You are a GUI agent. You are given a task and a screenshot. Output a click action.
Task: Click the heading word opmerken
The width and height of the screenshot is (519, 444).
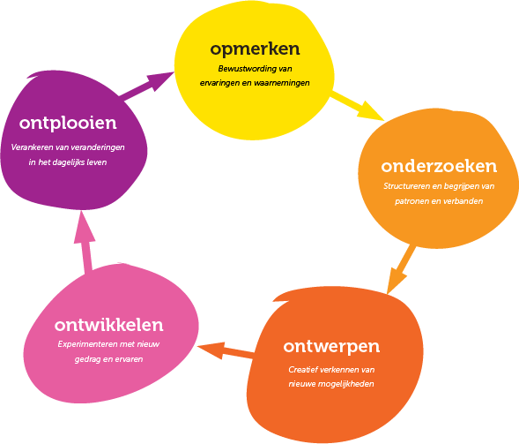tap(255, 49)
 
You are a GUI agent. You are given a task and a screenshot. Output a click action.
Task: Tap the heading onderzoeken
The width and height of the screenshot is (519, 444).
tap(439, 166)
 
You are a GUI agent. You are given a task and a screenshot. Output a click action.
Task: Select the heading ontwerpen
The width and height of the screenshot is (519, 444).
tap(331, 347)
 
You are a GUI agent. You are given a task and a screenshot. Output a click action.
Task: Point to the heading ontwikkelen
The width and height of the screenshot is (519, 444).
tap(109, 325)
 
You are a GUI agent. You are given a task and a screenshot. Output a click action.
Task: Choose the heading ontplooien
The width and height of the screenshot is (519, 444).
tap(68, 124)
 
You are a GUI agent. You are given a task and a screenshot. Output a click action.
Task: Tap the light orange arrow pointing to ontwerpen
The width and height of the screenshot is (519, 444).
tap(401, 269)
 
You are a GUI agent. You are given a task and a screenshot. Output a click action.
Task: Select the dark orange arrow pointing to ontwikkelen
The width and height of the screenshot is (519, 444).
tap(226, 351)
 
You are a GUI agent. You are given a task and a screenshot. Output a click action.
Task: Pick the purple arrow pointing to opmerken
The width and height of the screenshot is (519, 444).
tap(146, 86)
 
